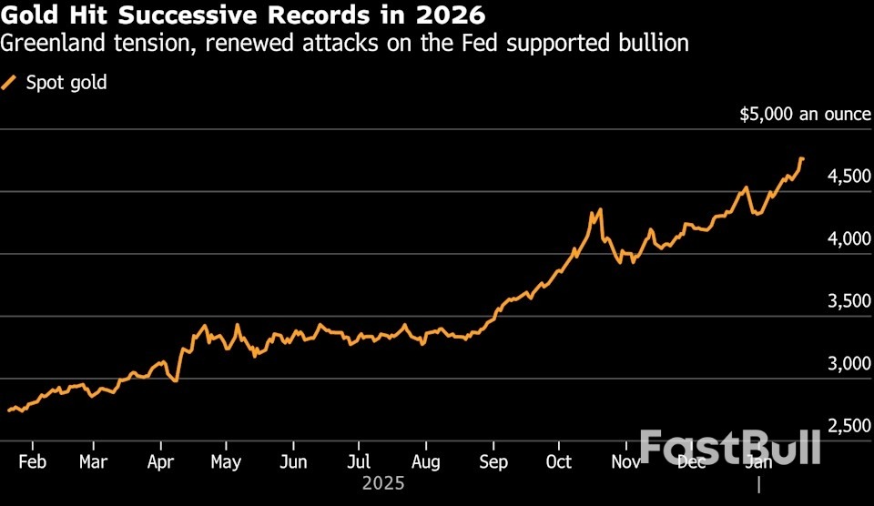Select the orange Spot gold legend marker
[x=12, y=83]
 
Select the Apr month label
[x=160, y=461]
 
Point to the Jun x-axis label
[x=293, y=461]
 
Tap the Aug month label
[x=426, y=461]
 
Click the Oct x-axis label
[x=558, y=461]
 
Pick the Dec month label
[x=692, y=461]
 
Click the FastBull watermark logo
[x=730, y=448]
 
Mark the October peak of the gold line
[x=599, y=210]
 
